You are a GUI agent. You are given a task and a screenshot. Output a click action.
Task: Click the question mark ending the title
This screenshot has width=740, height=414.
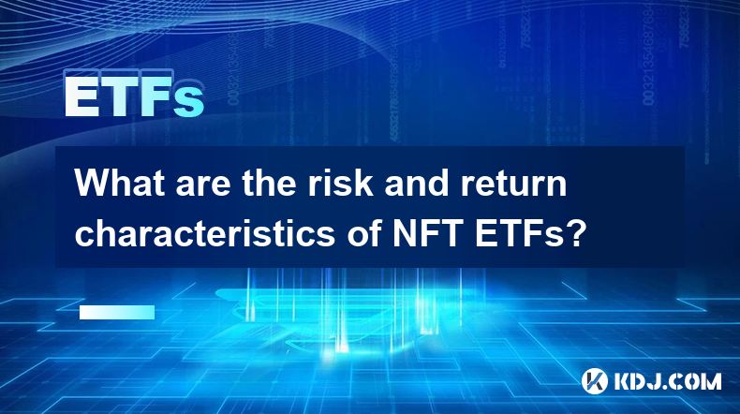coord(575,232)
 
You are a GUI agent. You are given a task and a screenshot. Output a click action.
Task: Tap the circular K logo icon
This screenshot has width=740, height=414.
coord(595,381)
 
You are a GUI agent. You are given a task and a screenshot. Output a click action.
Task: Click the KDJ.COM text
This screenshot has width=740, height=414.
coord(667,381)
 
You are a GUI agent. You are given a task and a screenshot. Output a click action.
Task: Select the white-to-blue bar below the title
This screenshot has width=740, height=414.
coord(117,312)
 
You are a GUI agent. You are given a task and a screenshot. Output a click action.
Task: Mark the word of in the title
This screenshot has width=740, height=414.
coord(364,232)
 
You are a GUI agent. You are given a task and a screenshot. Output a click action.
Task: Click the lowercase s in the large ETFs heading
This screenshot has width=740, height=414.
coord(189,102)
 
